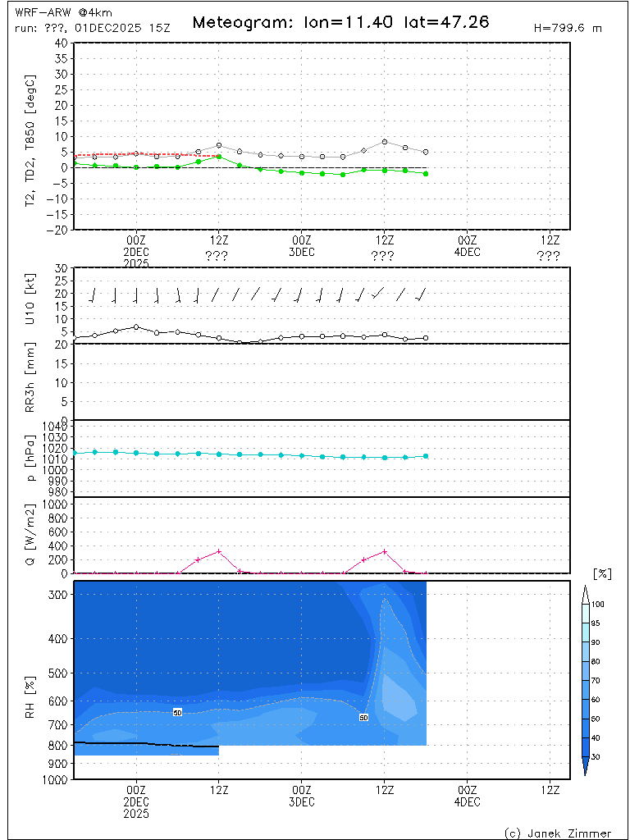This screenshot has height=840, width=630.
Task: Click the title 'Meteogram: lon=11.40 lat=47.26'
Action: click(x=340, y=22)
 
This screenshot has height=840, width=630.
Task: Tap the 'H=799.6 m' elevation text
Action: click(x=568, y=28)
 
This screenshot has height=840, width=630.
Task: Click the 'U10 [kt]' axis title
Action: click(x=30, y=304)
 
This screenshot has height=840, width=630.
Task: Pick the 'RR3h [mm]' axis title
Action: click(x=30, y=381)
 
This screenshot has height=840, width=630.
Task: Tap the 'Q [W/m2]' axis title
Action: click(x=30, y=535)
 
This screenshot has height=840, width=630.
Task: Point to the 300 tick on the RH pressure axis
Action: click(x=59, y=593)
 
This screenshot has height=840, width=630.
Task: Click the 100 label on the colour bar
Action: click(x=598, y=604)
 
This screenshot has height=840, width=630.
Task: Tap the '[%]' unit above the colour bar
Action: click(x=601, y=573)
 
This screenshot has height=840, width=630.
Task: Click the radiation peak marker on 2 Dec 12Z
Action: click(x=219, y=551)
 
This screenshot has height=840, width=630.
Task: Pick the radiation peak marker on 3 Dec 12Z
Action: click(x=385, y=551)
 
